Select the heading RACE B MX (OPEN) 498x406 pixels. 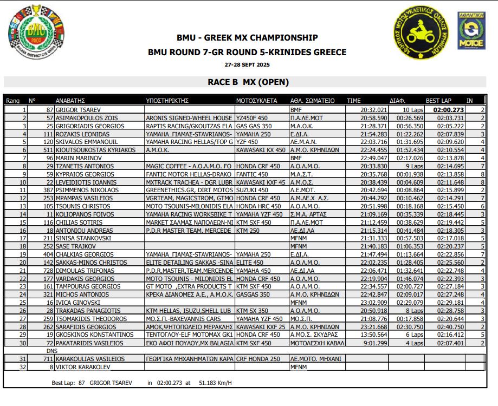[x=249, y=82]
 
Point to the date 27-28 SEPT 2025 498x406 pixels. [x=247, y=65]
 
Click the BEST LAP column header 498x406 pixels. [x=439, y=101]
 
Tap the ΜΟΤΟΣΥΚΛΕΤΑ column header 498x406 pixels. [x=257, y=101]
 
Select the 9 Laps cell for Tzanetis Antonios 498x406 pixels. [x=412, y=166]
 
